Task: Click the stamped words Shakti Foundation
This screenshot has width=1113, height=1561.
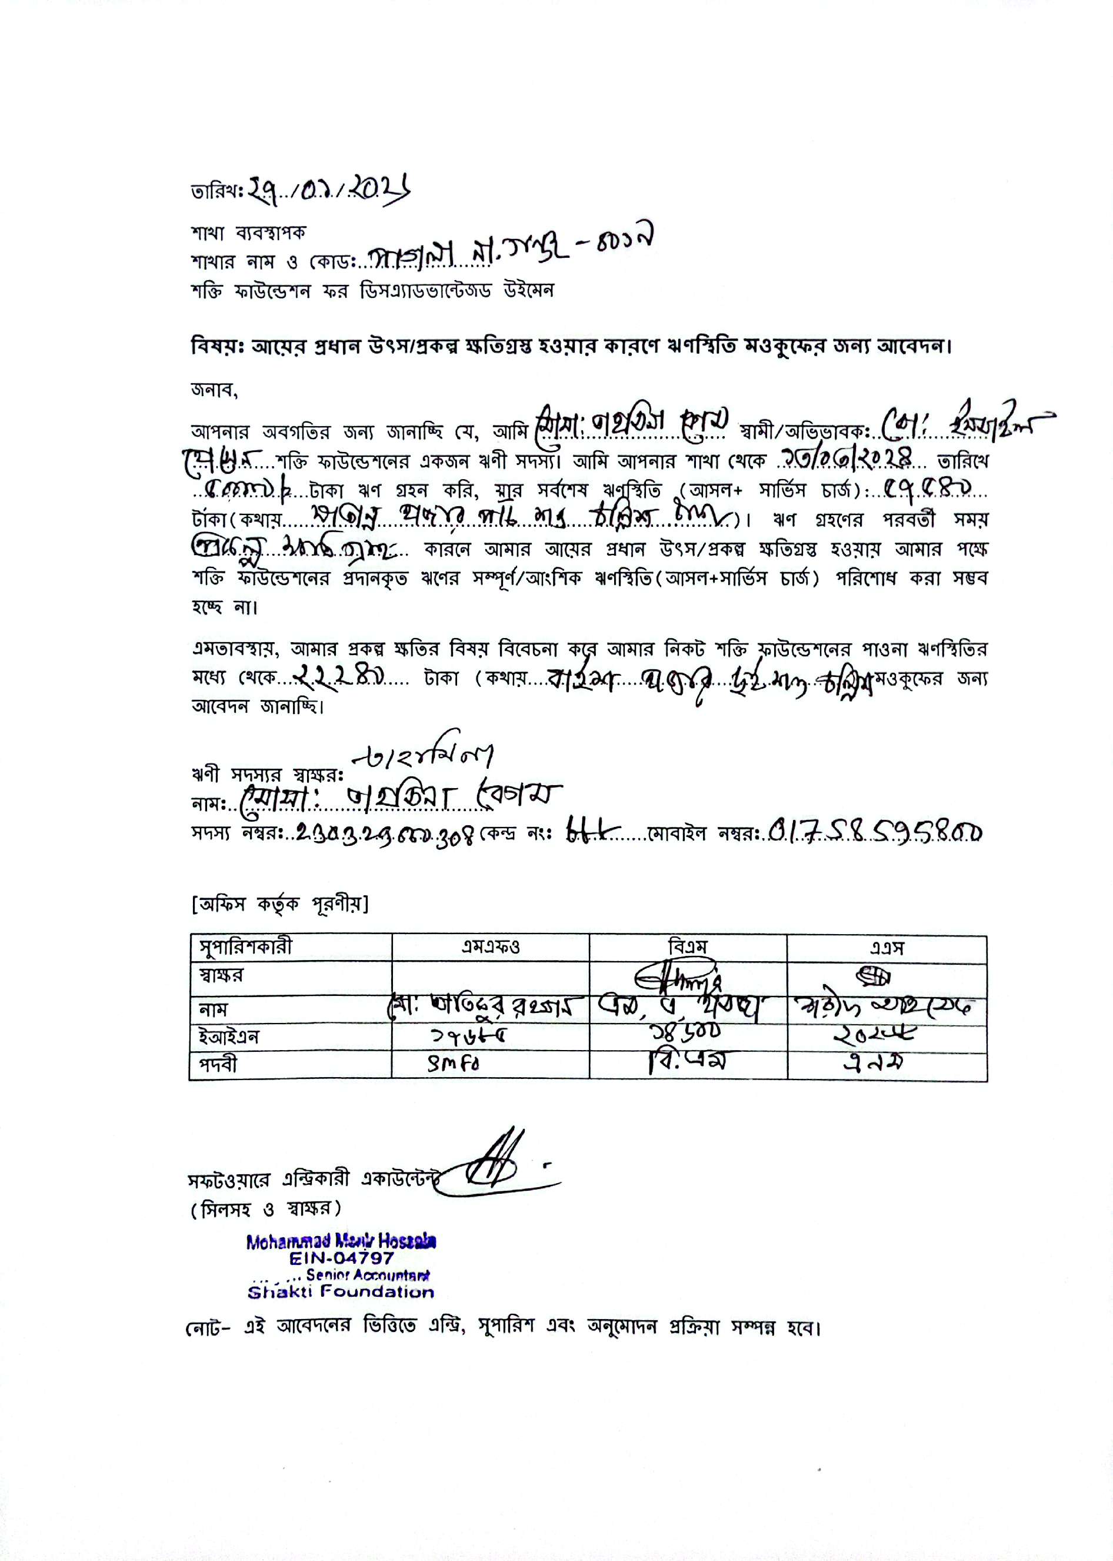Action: click(x=341, y=1292)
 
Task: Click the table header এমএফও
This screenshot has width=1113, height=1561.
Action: click(x=490, y=948)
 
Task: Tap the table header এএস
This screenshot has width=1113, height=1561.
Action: click(x=887, y=948)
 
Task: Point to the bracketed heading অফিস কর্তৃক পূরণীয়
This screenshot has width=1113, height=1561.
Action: click(x=279, y=904)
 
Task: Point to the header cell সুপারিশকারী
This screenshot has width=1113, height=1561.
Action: click(x=245, y=948)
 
